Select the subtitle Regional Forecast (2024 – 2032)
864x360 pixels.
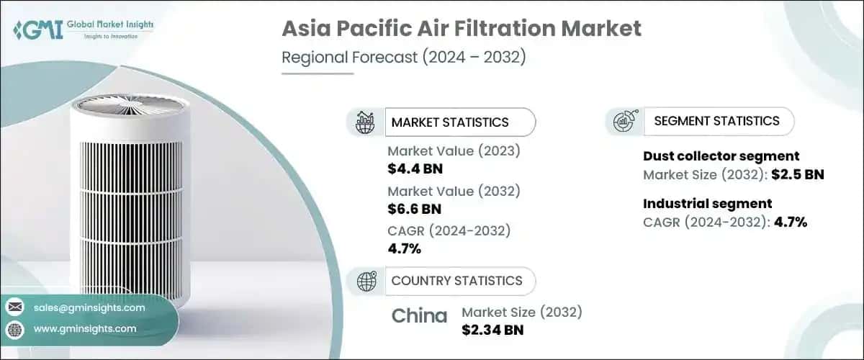coord(403,58)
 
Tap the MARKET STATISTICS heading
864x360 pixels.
coord(449,122)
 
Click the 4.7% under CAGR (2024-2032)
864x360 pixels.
coord(404,249)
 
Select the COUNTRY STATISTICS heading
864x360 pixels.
coord(456,281)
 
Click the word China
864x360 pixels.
coord(419,315)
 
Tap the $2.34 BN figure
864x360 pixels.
coord(492,330)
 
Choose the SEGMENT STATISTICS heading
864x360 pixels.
coord(716,121)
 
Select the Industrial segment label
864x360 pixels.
coord(707,203)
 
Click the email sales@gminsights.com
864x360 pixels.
coord(89,307)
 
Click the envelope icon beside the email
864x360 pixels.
coord(15,307)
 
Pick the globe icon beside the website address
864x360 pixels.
coord(15,329)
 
